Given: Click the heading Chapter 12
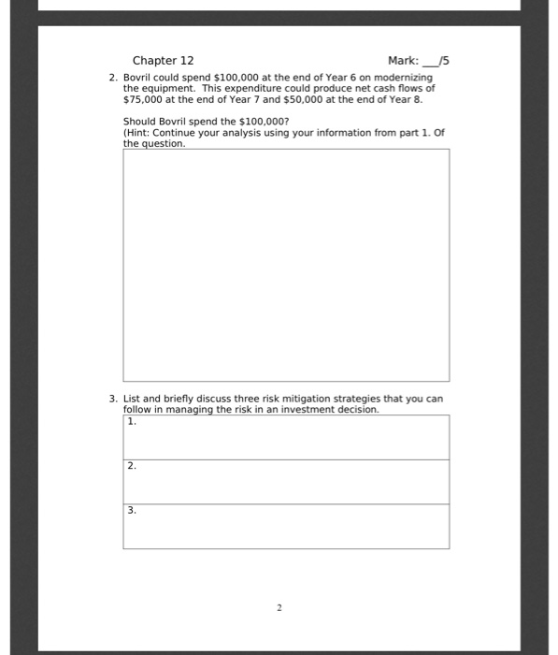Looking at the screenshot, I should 163,60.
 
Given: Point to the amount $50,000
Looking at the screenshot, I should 272,97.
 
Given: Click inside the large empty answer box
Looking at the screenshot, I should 285,265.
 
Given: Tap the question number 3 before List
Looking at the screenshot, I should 113,399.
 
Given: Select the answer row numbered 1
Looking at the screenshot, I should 285,437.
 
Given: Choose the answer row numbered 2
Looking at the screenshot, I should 285,481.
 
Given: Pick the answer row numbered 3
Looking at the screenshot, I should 285,526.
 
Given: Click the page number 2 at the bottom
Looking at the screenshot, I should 279,607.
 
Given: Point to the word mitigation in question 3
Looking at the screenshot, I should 295,399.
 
